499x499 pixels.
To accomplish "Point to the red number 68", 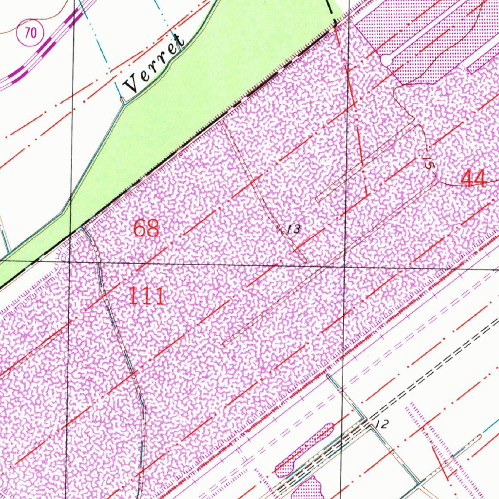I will (x=146, y=228).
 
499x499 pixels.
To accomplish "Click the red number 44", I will (x=473, y=179).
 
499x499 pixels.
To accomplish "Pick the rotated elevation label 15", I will (x=427, y=162).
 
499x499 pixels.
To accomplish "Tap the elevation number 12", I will (x=383, y=424).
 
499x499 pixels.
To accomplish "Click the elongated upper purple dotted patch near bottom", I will (x=305, y=449).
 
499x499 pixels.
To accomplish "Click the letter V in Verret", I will (x=131, y=86).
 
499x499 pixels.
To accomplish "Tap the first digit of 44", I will (x=467, y=179).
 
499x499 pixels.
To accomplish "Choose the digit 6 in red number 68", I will (x=140, y=228).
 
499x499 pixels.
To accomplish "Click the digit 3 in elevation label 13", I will (x=297, y=229).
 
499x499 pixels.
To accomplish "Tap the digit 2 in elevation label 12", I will (x=385, y=424).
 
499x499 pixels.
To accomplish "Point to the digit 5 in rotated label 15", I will (x=428, y=165).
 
